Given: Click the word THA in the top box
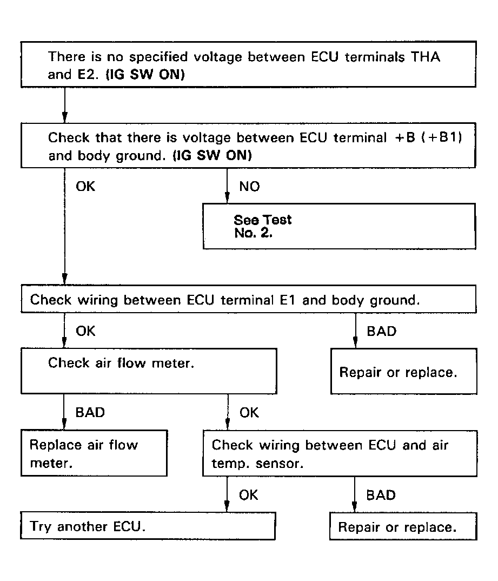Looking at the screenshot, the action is (426, 57).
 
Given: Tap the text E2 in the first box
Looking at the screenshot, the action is (86, 75).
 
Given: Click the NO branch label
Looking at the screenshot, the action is (249, 187).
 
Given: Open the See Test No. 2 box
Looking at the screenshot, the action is (339, 226).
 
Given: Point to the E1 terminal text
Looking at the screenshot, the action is (288, 300).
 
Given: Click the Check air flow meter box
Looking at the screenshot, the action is (149, 371).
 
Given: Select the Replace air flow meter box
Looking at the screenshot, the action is (94, 453).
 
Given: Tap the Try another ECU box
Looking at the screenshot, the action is (148, 526).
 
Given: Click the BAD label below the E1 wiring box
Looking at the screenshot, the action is (381, 331).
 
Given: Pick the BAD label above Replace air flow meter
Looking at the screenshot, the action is (90, 412).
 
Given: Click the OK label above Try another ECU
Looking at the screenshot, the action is (248, 495).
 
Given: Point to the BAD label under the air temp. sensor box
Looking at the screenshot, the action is (381, 495).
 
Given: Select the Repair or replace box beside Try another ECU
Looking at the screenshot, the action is (403, 526).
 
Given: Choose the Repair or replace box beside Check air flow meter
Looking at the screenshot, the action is (403, 371).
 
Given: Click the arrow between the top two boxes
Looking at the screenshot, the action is (65, 105).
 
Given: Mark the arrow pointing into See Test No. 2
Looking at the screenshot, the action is (227, 186).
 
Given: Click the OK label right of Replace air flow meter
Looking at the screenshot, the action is (249, 413).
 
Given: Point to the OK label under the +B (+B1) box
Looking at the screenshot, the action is (85, 187).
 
